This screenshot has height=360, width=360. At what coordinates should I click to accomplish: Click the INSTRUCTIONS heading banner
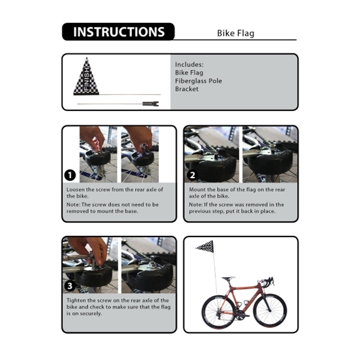(118, 32)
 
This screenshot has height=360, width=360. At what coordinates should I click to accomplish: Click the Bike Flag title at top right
(235, 34)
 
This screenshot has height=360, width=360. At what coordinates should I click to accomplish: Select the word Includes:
(189, 64)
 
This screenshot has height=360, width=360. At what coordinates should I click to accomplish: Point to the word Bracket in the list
(187, 89)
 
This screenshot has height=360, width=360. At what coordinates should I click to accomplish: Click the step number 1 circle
(70, 175)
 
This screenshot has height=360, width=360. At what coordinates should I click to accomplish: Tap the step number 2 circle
(192, 175)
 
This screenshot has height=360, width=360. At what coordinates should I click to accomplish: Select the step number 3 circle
(70, 286)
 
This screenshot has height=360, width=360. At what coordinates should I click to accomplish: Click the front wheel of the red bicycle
(269, 311)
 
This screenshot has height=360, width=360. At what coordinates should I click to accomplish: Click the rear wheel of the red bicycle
(218, 311)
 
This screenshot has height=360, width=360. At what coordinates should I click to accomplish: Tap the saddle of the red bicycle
(228, 278)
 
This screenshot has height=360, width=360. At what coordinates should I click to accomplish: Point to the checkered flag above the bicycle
(205, 245)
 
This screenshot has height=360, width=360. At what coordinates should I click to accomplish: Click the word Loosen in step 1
(76, 188)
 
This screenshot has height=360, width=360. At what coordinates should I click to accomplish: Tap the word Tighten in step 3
(76, 300)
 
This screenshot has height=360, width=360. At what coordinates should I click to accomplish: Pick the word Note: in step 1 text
(74, 205)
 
